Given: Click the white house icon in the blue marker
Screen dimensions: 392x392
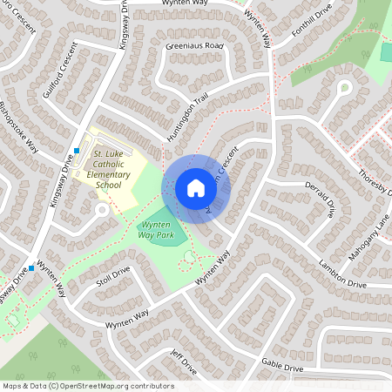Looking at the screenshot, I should click(196, 188).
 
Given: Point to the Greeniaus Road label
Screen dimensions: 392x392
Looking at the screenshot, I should click(196, 45).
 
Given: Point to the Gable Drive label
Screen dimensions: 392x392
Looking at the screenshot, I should click(282, 368).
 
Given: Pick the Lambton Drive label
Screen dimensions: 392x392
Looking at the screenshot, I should click(342, 275).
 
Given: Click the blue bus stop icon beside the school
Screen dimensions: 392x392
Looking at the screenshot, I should click(77, 150).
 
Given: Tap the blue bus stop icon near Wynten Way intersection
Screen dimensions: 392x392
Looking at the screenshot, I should click(32, 268).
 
